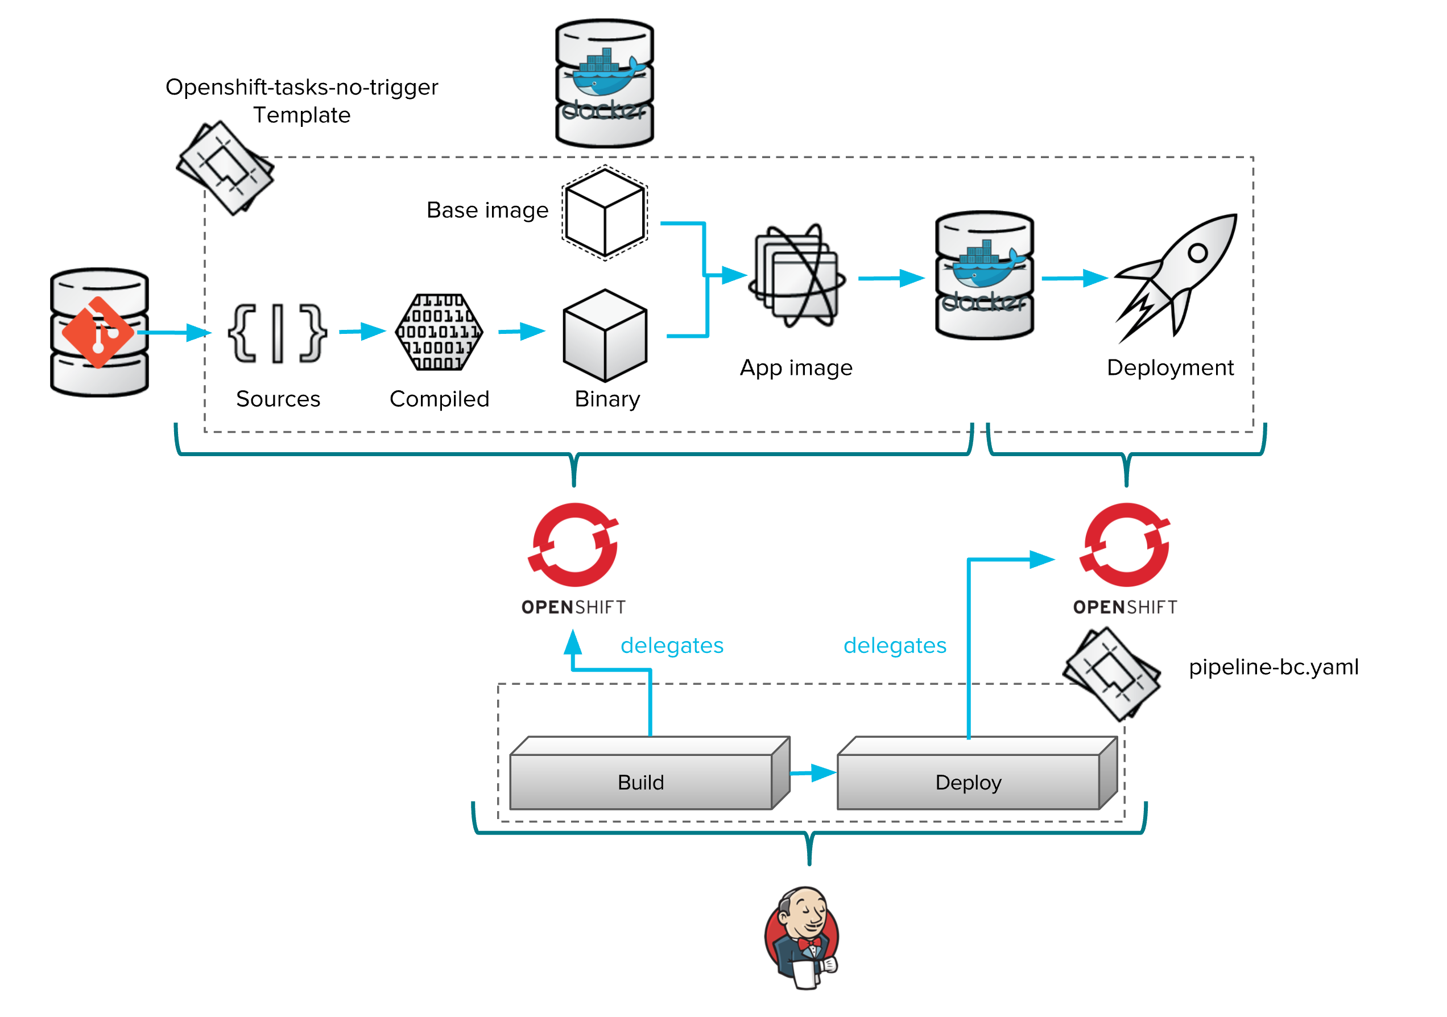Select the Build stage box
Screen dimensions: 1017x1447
click(x=641, y=782)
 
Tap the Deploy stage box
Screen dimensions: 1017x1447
click(x=969, y=782)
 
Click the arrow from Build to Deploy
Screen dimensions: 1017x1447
click(x=813, y=772)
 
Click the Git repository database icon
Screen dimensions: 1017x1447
click(x=100, y=332)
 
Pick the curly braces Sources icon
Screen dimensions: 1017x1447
click(x=278, y=333)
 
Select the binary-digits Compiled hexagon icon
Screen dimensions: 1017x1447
click(x=439, y=332)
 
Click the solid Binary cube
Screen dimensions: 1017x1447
click(x=605, y=335)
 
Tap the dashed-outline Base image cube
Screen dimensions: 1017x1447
click(x=605, y=213)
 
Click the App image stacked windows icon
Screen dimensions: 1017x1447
click(x=797, y=277)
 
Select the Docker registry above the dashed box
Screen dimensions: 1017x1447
click(x=605, y=83)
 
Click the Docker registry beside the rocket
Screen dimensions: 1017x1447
click(x=984, y=275)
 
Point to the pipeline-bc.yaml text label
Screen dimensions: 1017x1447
click(x=1273, y=667)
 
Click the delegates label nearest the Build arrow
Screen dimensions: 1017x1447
click(x=672, y=645)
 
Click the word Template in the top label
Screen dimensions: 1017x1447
click(x=302, y=115)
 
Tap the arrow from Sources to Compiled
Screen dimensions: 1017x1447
click(x=362, y=331)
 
